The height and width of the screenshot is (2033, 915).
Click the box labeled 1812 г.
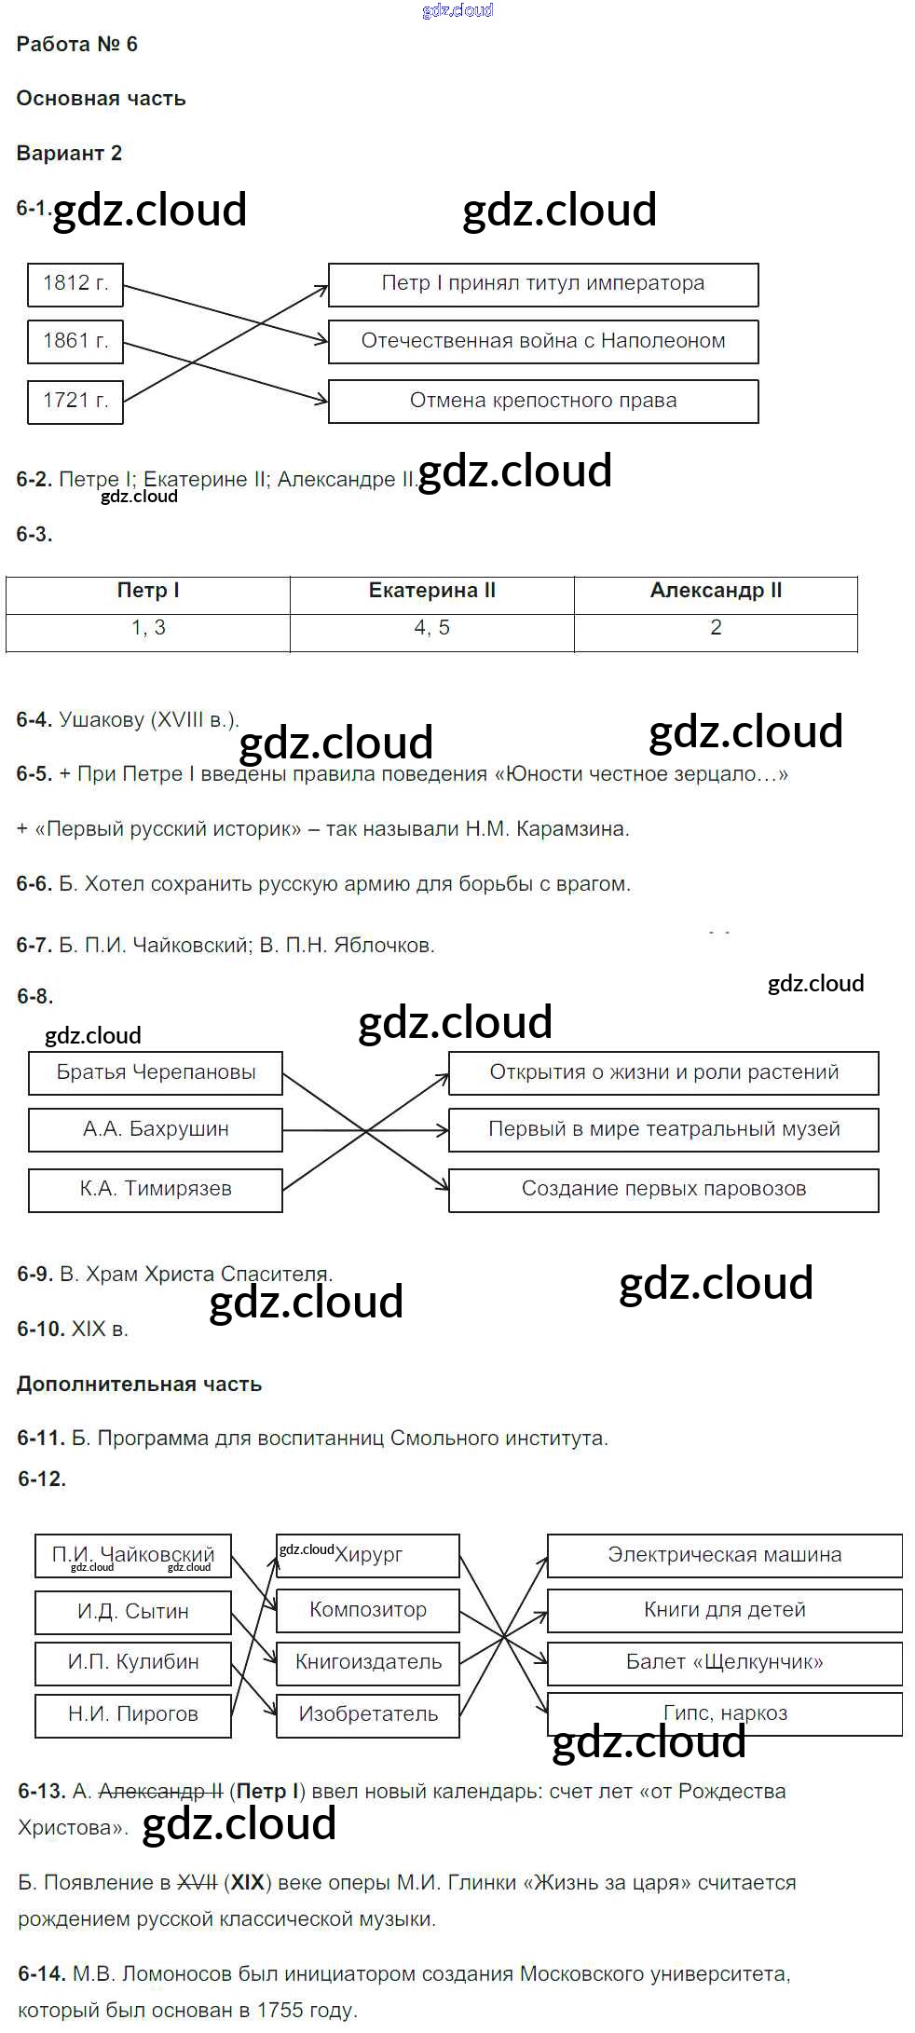pyautogui.click(x=75, y=283)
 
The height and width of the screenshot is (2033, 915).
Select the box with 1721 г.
pyautogui.click(x=75, y=402)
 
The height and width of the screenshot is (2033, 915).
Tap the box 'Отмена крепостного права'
pyautogui.click(x=543, y=402)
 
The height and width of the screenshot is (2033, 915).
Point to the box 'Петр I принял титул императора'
pyautogui.click(x=543, y=284)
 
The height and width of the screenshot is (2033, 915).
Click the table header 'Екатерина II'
pyautogui.click(x=432, y=592)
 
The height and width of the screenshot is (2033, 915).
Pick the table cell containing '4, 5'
pyautogui.click(x=432, y=629)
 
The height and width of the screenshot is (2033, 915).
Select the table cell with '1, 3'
pyautogui.click(x=148, y=629)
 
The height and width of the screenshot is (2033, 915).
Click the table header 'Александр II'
pyautogui.click(x=716, y=592)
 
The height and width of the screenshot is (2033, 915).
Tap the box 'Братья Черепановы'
pyautogui.click(x=156, y=1073)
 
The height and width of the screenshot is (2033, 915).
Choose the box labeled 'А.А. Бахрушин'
pyautogui.click(x=156, y=1130)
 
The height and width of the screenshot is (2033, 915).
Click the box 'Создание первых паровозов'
pyautogui.click(x=663, y=1190)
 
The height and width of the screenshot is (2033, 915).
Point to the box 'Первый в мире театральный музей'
pyautogui.click(x=663, y=1130)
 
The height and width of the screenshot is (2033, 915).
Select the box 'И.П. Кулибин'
pyautogui.click(x=133, y=1663)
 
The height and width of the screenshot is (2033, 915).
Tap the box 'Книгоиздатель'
pyautogui.click(x=368, y=1663)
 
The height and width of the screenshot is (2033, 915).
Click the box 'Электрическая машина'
pyautogui.click(x=725, y=1555)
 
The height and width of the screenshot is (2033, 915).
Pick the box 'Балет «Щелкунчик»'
pyautogui.click(x=725, y=1663)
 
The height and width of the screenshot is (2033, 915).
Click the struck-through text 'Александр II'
pyautogui.click(x=160, y=1791)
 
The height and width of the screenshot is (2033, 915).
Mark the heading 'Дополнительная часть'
pyautogui.click(x=139, y=1385)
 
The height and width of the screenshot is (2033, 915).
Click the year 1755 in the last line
pyautogui.click(x=280, y=2010)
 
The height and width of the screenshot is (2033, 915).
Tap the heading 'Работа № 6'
pyautogui.click(x=76, y=45)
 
